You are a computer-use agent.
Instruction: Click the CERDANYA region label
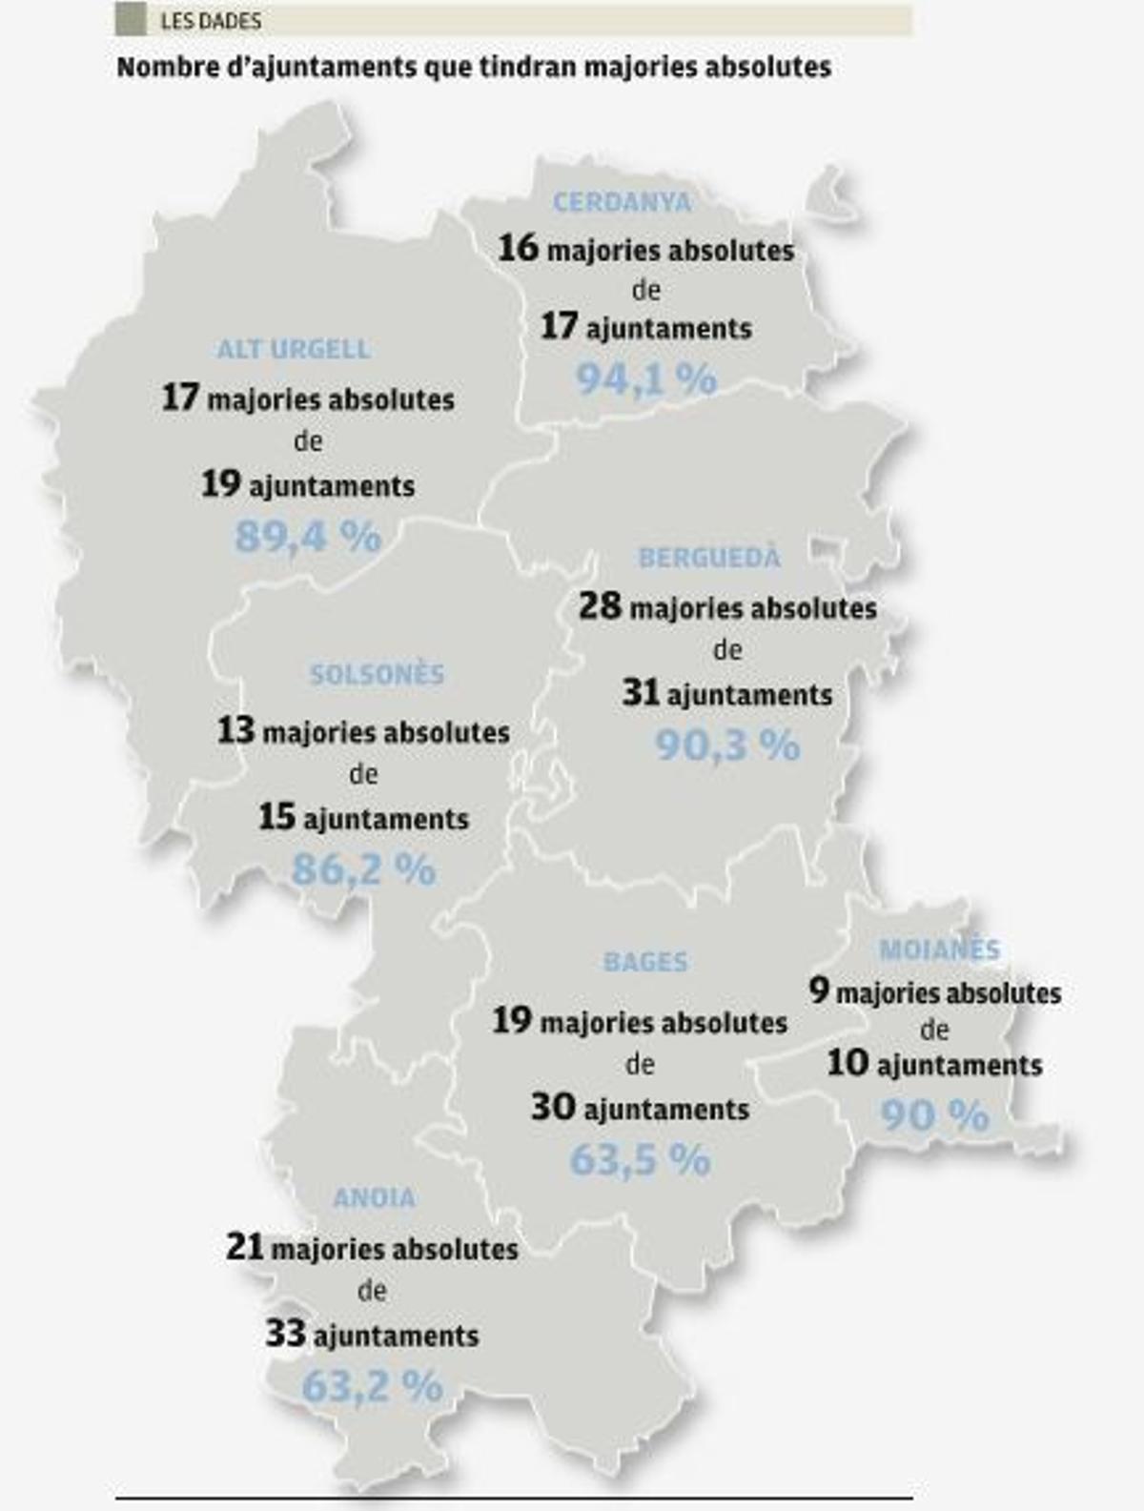click(622, 202)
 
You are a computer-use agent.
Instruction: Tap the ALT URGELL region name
click(294, 349)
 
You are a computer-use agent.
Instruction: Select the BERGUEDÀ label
click(709, 558)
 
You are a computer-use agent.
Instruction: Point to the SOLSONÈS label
click(377, 675)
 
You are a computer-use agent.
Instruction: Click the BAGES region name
click(644, 962)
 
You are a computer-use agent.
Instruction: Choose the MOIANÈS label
click(939, 949)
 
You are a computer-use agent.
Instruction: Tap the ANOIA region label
click(374, 1197)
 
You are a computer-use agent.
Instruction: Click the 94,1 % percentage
click(645, 379)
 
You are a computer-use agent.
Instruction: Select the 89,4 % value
click(307, 536)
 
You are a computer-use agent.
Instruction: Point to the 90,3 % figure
click(726, 745)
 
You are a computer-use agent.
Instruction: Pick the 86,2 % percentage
click(363, 869)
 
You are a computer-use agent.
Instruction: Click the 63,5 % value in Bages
click(640, 1160)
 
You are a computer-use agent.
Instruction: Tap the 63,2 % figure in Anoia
click(372, 1386)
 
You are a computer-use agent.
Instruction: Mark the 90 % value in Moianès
click(934, 1114)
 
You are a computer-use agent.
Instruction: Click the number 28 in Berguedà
click(600, 605)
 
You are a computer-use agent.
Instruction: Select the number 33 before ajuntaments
click(285, 1333)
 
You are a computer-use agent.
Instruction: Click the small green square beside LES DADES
click(131, 19)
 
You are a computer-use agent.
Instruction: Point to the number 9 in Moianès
click(819, 990)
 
